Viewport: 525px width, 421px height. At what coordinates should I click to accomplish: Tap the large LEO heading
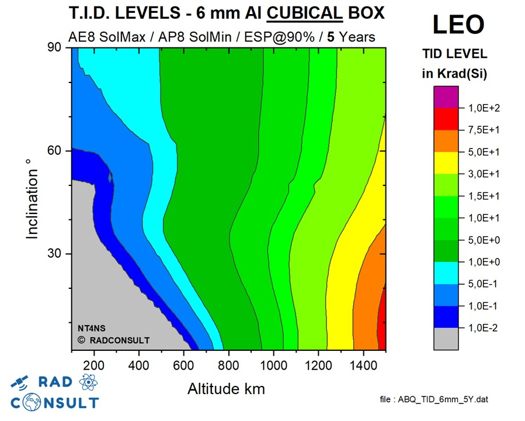[x=458, y=25]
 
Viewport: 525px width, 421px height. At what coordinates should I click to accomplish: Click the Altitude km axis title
[x=226, y=388]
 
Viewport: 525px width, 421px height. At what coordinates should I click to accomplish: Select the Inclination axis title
[x=32, y=204]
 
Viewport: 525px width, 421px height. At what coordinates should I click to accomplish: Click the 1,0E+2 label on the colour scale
[x=484, y=108]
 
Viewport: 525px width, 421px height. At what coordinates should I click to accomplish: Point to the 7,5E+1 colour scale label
[x=484, y=130]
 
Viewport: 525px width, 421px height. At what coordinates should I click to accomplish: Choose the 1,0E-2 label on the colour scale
[x=484, y=328]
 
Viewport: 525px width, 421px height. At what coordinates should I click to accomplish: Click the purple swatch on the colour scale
[x=446, y=97]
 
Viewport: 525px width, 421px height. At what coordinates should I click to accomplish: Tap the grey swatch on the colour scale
[x=446, y=339]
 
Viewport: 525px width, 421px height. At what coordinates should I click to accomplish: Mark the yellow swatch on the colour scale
[x=446, y=163]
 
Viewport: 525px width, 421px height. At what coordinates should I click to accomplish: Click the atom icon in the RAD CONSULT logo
[x=88, y=382]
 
